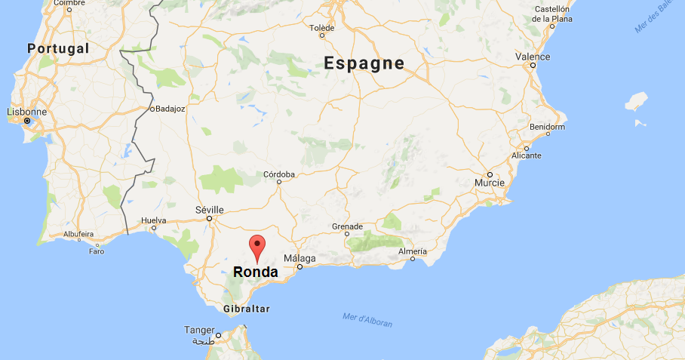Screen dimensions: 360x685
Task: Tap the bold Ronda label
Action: click(256, 272)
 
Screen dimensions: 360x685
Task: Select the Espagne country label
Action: click(364, 63)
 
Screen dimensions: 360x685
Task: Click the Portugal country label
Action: click(58, 48)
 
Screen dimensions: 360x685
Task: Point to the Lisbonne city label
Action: click(26, 112)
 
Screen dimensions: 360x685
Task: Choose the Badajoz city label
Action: click(170, 109)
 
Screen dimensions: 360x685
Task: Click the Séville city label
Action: click(209, 209)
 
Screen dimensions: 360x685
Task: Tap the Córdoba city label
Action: click(278, 174)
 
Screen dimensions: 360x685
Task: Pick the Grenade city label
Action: click(348, 226)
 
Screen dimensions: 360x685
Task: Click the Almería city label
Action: click(413, 251)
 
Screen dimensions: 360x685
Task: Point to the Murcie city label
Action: click(489, 183)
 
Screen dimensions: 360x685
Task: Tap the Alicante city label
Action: click(527, 155)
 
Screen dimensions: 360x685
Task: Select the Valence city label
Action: click(533, 57)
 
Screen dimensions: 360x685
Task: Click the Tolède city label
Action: click(321, 28)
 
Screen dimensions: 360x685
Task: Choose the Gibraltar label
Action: click(247, 309)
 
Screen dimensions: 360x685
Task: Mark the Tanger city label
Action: click(199, 330)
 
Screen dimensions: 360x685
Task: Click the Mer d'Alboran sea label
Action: click(367, 319)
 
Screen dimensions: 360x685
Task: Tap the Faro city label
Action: click(97, 251)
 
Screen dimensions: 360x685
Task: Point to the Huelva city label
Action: click(153, 221)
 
